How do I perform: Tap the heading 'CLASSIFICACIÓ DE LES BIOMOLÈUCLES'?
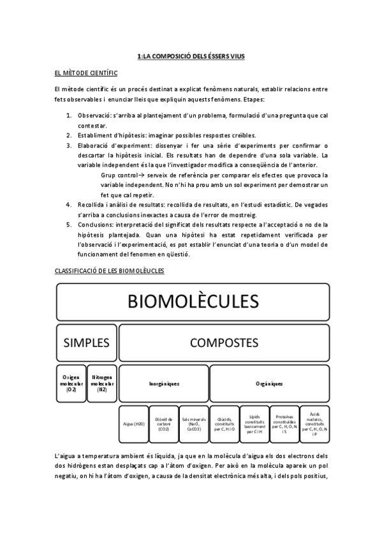click(110, 271)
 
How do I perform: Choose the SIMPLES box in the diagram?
click(87, 343)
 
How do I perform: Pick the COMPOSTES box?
click(224, 343)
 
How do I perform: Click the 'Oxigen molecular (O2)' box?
click(71, 384)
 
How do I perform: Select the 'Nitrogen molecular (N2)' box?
click(102, 384)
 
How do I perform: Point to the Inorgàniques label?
click(164, 384)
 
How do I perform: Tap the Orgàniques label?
click(269, 384)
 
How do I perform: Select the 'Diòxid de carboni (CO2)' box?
click(164, 424)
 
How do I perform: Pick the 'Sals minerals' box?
click(194, 424)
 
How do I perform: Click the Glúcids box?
click(224, 424)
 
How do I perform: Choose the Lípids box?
click(254, 424)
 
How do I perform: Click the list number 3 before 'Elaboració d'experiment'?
click(69, 145)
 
